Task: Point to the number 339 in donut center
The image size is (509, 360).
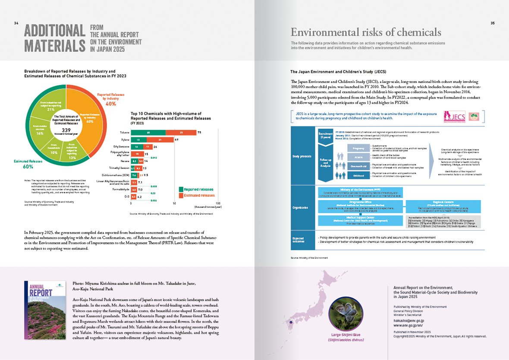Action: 66,130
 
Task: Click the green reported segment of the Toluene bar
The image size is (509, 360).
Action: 148,132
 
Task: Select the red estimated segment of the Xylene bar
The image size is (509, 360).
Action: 159,140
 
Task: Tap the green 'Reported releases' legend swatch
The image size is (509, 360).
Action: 181,189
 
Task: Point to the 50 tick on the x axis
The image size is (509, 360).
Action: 174,203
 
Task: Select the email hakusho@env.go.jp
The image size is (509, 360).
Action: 408,321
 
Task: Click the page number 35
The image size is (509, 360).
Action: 493,23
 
